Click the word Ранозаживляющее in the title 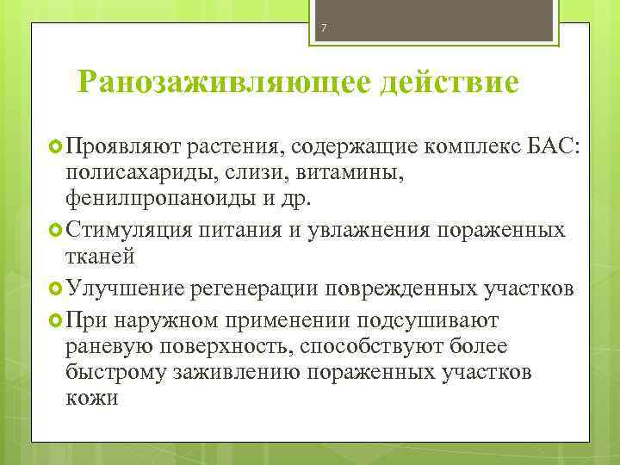pos(208,84)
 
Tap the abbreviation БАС pos(561,147)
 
